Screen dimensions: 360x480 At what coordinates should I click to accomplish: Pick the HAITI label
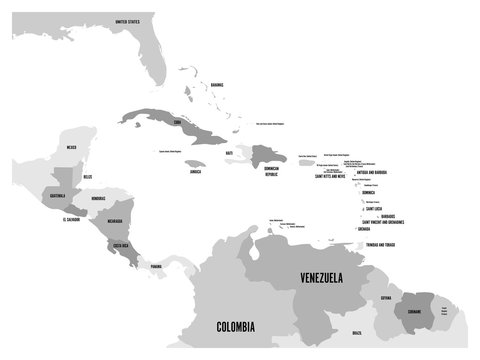coord(230,153)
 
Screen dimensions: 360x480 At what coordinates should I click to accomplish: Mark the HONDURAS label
coord(99,197)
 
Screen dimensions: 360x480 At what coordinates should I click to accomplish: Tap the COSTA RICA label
coord(122,244)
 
